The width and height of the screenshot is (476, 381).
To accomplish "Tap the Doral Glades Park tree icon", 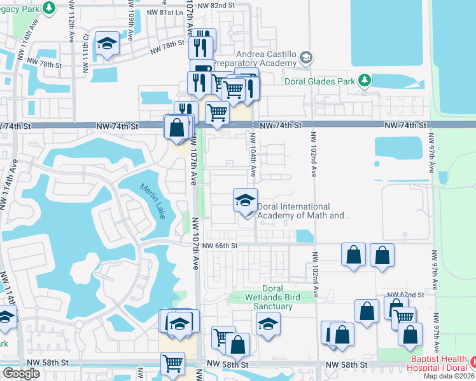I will point(364,80).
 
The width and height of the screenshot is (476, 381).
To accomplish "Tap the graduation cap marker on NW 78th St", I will point(107,44).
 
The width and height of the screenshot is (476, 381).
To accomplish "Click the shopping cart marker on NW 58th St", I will point(172,364).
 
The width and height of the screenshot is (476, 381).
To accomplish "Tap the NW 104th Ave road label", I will point(253,154).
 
